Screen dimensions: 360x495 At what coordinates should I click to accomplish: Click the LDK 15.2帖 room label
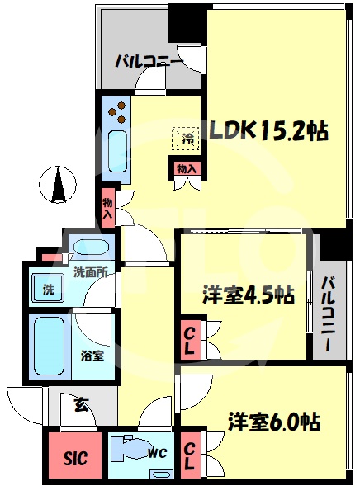(x=269, y=130)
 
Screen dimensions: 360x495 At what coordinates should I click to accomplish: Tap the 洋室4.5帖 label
(x=248, y=295)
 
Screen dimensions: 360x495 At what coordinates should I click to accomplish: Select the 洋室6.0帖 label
(x=273, y=421)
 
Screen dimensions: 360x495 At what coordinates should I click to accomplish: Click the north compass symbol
(x=58, y=184)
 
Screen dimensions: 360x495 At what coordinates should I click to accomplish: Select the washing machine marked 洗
(x=49, y=290)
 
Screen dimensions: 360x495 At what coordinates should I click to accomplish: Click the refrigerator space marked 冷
(x=186, y=139)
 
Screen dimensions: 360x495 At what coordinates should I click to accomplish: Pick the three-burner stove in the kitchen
(x=116, y=112)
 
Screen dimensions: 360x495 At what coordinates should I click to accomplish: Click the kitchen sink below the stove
(x=117, y=152)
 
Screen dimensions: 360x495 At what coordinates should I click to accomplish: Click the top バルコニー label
(x=149, y=60)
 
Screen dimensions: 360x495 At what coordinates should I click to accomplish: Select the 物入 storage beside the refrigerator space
(x=187, y=169)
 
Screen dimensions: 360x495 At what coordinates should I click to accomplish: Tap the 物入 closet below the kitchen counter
(x=107, y=209)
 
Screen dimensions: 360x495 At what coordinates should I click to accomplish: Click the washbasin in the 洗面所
(x=92, y=246)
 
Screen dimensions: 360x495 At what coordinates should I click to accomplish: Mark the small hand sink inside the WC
(x=161, y=474)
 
